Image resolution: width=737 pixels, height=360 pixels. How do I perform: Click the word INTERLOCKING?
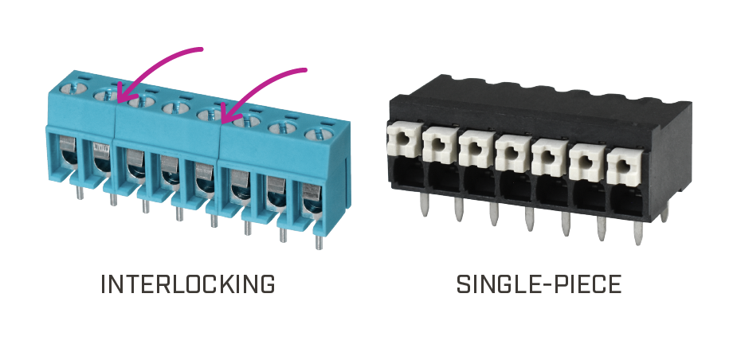tap(188, 284)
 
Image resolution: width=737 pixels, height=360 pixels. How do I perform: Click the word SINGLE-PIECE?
tap(539, 284)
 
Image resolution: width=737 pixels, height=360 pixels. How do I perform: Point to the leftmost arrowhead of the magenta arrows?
tap(123, 93)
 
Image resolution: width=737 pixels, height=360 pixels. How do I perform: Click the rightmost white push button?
tap(624, 166)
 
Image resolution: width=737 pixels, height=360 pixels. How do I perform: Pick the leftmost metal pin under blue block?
tap(80, 192)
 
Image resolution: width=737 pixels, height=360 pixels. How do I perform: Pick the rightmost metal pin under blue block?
tap(319, 241)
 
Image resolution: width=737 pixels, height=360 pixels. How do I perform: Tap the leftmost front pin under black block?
tap(425, 205)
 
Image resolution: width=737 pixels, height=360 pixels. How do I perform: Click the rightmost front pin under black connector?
tap(638, 232)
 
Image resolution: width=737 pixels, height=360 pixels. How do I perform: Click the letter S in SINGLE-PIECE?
tap(464, 284)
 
